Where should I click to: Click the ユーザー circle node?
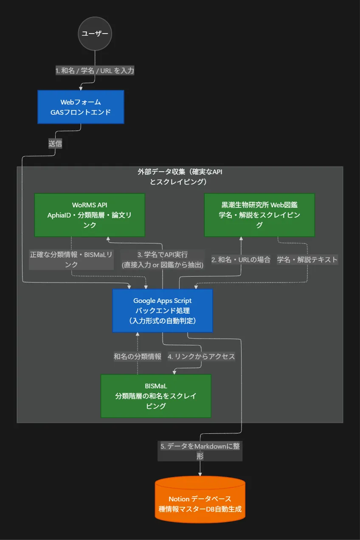point(95,33)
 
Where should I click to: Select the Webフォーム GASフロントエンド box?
point(81,107)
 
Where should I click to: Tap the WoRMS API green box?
point(90,215)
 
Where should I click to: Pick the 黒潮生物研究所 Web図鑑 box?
point(259,215)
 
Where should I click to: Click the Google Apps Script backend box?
point(163,311)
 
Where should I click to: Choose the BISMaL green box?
point(156,396)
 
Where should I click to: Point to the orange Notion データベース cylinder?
point(200,500)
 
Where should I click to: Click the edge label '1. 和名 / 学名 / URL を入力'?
point(95,71)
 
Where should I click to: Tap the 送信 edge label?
point(55,144)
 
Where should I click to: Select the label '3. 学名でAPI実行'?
point(163,255)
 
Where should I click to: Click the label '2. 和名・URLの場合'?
point(241,260)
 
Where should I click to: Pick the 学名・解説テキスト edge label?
point(307,260)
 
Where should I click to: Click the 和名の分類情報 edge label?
point(138,356)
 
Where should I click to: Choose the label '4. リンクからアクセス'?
point(201,356)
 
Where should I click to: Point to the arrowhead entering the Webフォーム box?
point(81,88)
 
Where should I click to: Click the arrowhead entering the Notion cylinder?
point(200,474)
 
